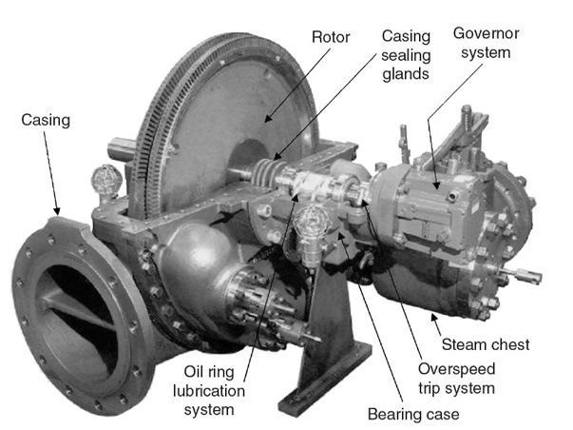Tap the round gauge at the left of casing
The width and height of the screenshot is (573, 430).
coord(106,178)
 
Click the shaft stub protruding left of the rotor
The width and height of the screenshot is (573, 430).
coord(123,149)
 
